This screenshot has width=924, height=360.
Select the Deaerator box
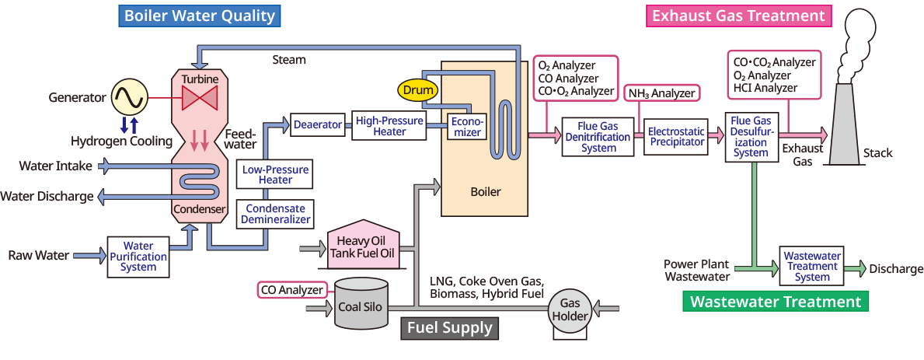(318, 124)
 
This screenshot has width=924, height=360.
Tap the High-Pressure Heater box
(389, 126)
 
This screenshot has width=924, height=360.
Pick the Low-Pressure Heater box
(275, 174)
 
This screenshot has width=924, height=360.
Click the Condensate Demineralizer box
(275, 214)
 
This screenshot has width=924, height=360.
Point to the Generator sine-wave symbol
(127, 97)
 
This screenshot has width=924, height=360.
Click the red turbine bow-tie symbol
(199, 99)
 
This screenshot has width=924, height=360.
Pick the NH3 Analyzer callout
(661, 93)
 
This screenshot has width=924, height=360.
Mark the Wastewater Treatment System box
(812, 266)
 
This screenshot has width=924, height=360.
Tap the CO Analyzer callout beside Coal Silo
(291, 290)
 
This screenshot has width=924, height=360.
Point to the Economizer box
(467, 127)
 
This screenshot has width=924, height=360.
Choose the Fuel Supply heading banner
(449, 328)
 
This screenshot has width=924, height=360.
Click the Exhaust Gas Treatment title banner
(737, 16)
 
